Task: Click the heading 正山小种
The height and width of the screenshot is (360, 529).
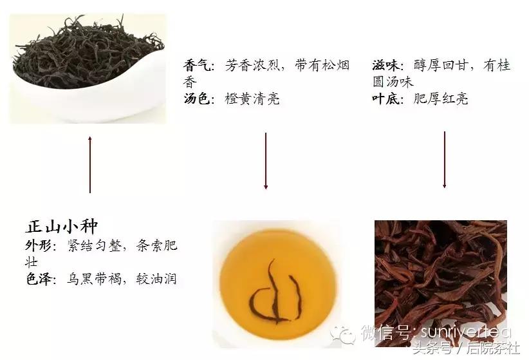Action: click(x=61, y=227)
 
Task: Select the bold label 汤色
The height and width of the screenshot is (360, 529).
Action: click(x=198, y=100)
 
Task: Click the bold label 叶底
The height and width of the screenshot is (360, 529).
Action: click(x=387, y=100)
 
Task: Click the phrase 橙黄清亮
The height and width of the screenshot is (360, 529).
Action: click(x=252, y=100)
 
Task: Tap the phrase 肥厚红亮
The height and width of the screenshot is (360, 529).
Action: click(x=441, y=100)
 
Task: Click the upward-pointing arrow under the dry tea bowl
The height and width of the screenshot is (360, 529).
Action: click(x=89, y=164)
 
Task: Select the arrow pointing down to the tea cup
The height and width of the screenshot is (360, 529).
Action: click(x=265, y=161)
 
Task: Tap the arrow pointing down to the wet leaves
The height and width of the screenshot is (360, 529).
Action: click(x=444, y=160)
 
